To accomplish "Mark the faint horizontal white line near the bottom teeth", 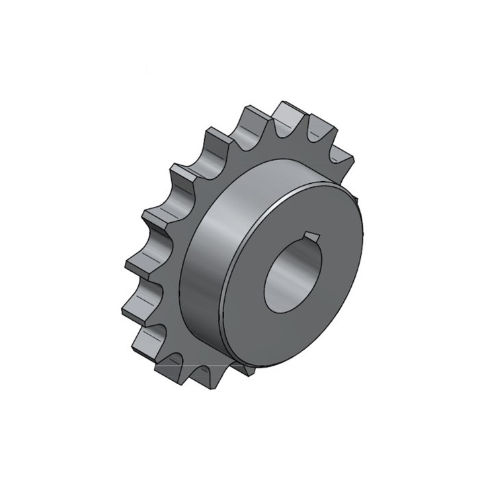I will [198, 364].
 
